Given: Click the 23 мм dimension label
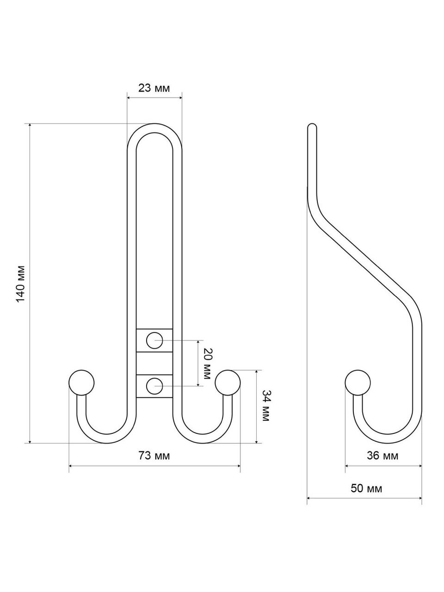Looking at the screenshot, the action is (x=154, y=88).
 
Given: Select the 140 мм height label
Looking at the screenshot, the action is (x=21, y=284).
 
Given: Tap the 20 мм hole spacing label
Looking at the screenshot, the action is (x=207, y=364).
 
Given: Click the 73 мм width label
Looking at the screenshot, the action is (x=154, y=456).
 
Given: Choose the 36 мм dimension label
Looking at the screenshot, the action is (x=382, y=456).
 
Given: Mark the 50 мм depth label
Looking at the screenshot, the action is (x=366, y=488).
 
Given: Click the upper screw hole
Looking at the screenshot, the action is (x=154, y=340).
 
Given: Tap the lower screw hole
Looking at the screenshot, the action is (x=154, y=386).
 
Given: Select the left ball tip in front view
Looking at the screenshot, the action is (x=82, y=382).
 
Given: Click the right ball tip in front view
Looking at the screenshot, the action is (x=228, y=382).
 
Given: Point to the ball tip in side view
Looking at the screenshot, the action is (x=358, y=382).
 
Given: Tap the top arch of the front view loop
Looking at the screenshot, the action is (x=154, y=129).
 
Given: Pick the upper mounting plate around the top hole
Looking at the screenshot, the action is (x=154, y=340).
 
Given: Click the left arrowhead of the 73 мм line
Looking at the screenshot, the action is (x=71, y=466).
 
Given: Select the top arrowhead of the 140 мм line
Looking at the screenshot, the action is (x=30, y=126).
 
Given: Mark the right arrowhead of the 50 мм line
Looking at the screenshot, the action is (x=420, y=498).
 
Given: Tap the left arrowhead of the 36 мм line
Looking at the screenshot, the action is (x=347, y=466).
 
